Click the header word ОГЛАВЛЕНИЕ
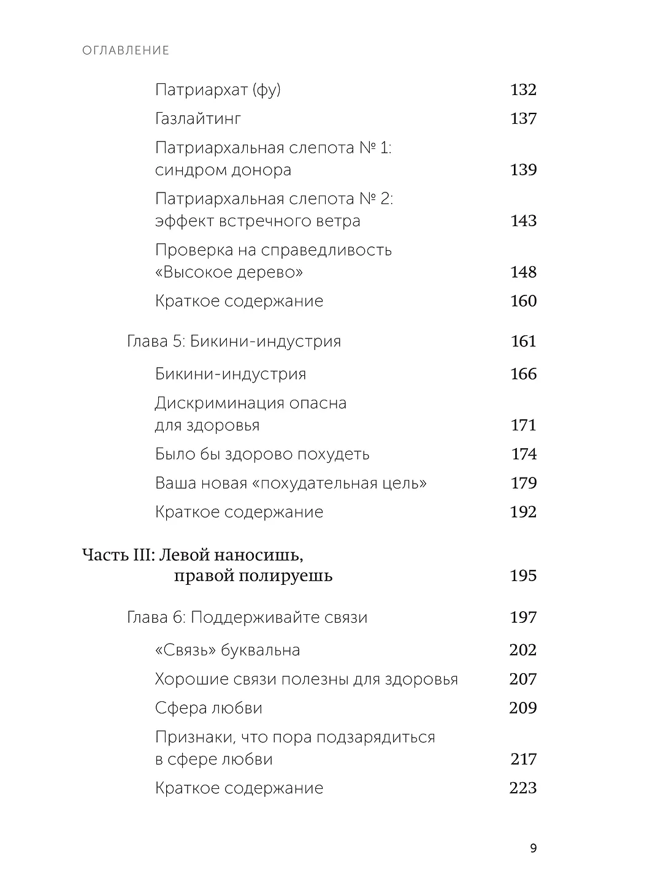126,50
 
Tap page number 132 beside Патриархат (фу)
523,90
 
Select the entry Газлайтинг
198,119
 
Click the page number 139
523,170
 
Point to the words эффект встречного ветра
258,221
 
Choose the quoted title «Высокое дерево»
229,272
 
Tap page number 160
523,301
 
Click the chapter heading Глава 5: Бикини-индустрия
234,341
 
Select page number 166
523,374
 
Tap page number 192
523,512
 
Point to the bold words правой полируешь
253,576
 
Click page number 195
523,576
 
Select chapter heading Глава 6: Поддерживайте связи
247,617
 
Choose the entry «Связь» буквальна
228,650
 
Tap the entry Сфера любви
208,708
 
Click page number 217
523,760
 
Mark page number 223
523,788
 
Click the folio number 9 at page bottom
532,848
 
